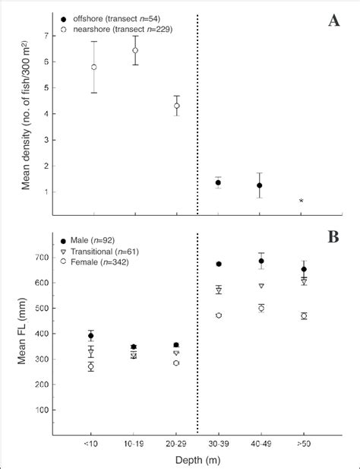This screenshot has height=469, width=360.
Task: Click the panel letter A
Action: click(334, 21)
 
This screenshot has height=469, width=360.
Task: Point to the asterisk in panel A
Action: click(302, 201)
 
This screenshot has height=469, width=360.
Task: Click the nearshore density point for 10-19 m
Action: click(135, 50)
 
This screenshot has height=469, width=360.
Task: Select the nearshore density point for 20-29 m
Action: click(177, 106)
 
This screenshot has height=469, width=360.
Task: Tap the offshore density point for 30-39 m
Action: click(219, 182)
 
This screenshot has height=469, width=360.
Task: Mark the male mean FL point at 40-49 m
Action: click(261, 261)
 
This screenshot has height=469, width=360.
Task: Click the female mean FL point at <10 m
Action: click(91, 366)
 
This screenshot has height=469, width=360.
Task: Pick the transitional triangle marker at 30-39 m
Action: click(219, 290)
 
